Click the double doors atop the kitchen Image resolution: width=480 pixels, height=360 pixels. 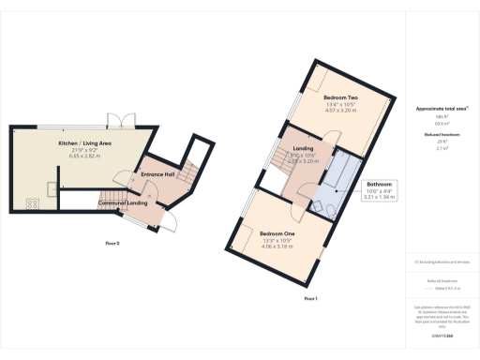116,120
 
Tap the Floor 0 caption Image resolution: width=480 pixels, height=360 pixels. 112,243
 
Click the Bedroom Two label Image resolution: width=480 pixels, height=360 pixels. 341,97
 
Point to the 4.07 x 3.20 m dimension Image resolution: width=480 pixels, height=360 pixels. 341,110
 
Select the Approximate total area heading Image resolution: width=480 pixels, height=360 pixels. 442,109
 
